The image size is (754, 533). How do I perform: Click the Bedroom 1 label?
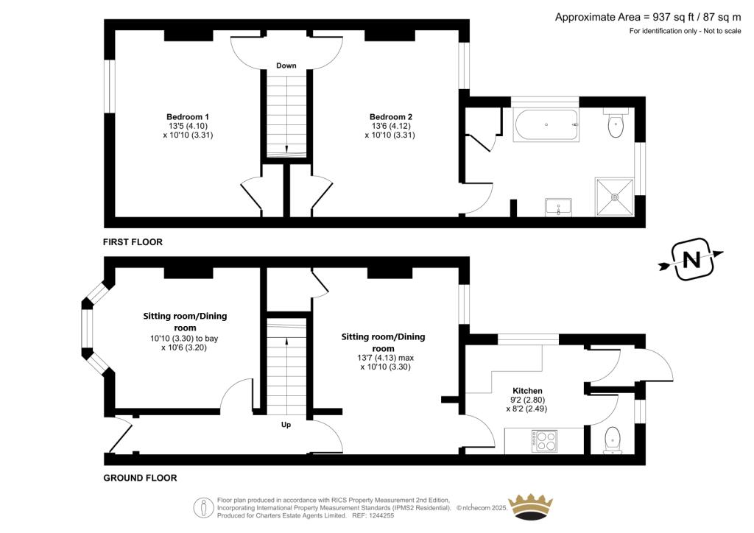pos(188,117)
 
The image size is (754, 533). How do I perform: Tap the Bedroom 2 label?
pos(390,117)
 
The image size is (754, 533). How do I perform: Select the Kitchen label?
pos(527,391)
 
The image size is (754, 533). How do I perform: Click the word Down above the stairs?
pos(286,66)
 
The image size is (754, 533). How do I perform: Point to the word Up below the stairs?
pos(286,425)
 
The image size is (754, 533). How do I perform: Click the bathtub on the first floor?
pos(546,125)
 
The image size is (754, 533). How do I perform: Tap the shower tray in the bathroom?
pos(614,197)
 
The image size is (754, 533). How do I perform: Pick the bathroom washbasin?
pos(558,208)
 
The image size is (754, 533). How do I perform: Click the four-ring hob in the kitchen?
pos(544,441)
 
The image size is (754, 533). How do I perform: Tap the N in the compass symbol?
pos(691,260)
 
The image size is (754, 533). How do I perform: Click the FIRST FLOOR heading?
pos(133,242)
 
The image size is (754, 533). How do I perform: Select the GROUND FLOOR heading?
pos(140,479)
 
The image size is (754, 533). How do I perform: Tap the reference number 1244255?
pos(380,515)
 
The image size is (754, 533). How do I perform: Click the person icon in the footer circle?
pos(203,507)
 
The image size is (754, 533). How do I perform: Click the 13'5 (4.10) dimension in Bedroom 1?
pos(188,126)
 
